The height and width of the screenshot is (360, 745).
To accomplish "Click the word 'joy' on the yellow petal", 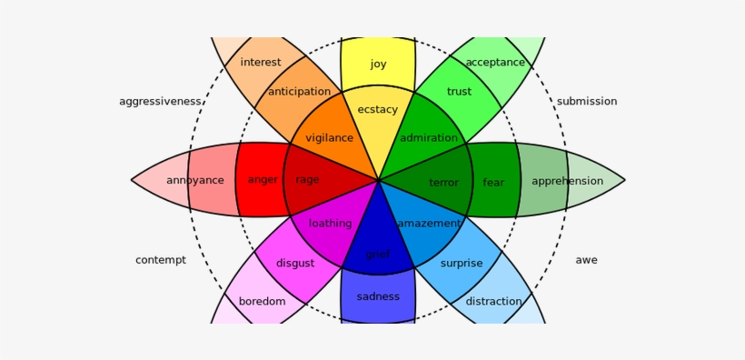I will coord(378,65).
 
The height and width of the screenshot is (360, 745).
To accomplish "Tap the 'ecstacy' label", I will coord(378,110).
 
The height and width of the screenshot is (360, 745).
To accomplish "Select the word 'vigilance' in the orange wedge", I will coord(329,138).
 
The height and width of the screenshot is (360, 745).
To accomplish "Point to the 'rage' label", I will coord(307,180).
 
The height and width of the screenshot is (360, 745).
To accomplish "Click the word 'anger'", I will coord(263,180).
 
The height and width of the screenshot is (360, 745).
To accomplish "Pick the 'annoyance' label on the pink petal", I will coord(194,181).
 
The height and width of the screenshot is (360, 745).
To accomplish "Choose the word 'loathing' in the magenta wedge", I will coord(330,224).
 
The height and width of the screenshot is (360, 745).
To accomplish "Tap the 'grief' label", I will coord(378,255).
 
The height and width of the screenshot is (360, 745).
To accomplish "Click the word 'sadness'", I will coord(378,297).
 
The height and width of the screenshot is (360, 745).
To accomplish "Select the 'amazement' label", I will coord(429,224).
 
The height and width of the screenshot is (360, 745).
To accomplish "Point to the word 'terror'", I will coord(443,183).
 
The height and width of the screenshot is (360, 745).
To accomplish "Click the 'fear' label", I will coord(493,183).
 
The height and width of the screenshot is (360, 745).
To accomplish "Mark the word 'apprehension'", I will coord(567,181).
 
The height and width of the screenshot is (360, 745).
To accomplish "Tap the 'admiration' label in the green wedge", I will coord(429,138).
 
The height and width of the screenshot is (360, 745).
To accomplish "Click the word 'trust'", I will coord(459,92).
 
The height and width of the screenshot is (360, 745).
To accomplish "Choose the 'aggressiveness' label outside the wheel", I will coord(160,102).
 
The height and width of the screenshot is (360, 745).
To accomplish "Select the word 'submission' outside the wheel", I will coord(587,102).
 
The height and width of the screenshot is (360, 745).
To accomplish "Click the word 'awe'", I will coord(587,260).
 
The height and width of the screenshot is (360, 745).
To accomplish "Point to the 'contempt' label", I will coord(161,260).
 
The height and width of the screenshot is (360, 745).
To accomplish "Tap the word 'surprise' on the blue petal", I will coord(462,264).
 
